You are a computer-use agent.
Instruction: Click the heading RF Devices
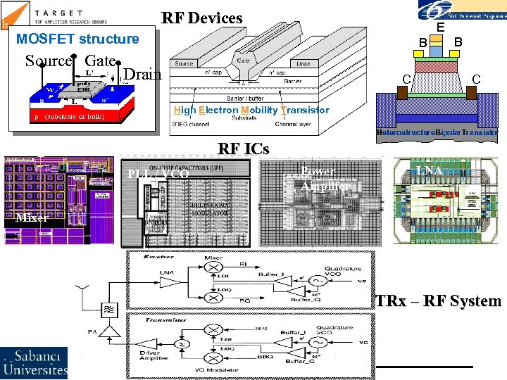coord(202,18)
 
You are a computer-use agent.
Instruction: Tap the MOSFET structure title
coord(77,39)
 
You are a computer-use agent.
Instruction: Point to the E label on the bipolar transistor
coord(439,27)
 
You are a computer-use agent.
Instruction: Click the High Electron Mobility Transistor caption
coord(251,110)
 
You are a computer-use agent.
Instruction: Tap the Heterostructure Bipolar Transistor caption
coord(437,132)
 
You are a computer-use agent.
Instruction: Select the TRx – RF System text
coord(438,301)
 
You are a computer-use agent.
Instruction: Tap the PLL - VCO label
coord(157,174)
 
